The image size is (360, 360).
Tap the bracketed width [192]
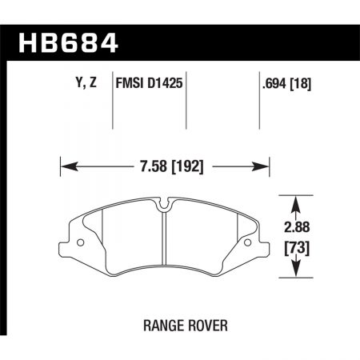(182, 168)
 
